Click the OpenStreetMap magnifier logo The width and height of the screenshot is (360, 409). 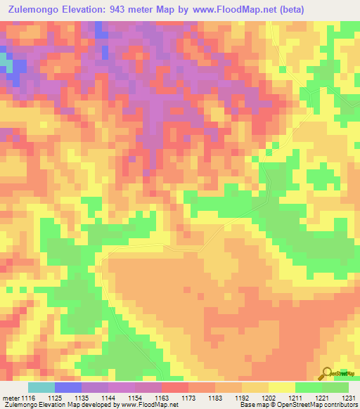[326, 373]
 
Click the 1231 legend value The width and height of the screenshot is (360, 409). [349, 398]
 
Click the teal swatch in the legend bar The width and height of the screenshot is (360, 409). [41, 387]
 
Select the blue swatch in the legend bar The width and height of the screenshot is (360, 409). [68, 387]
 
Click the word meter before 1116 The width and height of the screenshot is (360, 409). [11, 398]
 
